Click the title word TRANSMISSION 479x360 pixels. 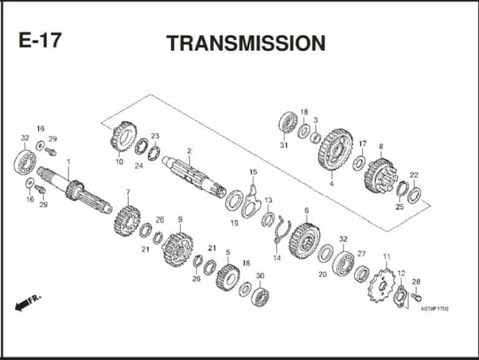click(246, 43)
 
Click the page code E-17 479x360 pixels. click(40, 41)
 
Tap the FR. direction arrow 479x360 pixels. click(27, 303)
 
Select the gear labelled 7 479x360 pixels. click(127, 220)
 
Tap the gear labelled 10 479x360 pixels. click(124, 138)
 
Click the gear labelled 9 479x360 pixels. click(177, 249)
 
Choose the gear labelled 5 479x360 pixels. click(228, 276)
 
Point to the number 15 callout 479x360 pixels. click(253, 172)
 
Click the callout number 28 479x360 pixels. click(416, 281)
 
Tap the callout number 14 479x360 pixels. click(276, 258)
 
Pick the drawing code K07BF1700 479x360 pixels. click(435, 308)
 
